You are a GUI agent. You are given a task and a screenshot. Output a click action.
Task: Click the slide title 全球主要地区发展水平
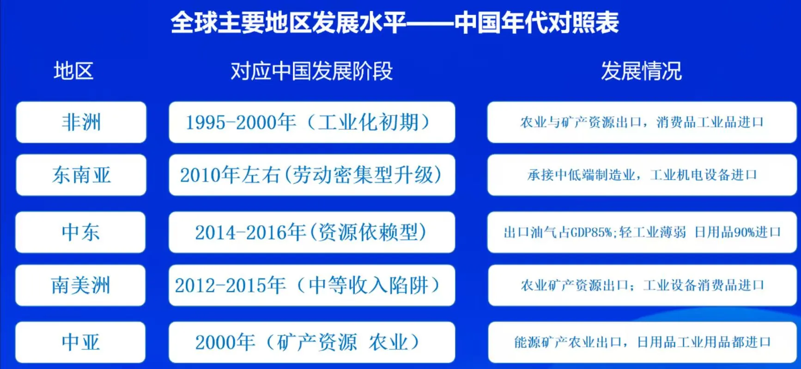tap(288, 23)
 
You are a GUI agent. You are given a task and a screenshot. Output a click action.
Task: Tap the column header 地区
tap(73, 71)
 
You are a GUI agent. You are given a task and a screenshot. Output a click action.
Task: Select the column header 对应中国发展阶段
tap(311, 71)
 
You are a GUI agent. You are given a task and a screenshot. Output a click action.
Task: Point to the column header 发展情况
tap(641, 71)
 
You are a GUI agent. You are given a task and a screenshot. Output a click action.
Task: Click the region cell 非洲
tap(81, 122)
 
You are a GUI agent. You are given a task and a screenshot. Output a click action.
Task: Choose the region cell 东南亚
tap(81, 175)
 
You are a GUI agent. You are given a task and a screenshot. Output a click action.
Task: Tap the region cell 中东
tap(81, 232)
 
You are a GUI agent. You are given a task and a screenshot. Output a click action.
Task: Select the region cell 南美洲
tap(81, 285)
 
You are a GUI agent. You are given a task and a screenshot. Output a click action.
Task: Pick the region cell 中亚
tap(81, 342)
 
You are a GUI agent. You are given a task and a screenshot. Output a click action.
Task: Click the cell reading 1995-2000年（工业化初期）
tap(312, 122)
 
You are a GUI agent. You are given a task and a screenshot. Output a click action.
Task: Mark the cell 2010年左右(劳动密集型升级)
tap(312, 175)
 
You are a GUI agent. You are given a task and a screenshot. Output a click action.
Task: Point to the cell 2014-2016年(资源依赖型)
tap(312, 232)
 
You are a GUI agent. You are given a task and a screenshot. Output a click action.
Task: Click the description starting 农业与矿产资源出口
tap(642, 122)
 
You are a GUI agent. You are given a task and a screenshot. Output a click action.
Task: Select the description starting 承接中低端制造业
tap(642, 175)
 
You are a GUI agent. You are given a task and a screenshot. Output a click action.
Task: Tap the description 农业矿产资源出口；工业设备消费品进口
tap(642, 285)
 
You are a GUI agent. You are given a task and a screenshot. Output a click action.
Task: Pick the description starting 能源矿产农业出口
tap(642, 342)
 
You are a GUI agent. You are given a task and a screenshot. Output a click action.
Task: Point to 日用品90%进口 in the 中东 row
tap(737, 232)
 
